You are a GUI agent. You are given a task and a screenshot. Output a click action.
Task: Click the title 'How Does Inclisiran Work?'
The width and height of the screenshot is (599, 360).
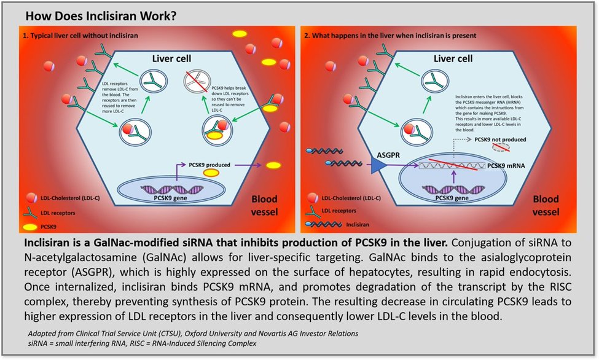[101, 16]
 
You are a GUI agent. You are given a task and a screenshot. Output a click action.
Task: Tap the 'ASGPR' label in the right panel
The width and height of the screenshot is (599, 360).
[388, 155]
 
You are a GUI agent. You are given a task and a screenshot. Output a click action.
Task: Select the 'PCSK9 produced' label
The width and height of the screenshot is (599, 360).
[209, 165]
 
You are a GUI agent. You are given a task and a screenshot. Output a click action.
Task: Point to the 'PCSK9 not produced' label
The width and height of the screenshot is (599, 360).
[500, 139]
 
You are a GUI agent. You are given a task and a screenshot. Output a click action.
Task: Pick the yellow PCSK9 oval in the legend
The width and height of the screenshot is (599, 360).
[31, 227]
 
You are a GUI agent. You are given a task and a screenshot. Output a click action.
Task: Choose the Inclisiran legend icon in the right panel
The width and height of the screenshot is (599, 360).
[323, 224]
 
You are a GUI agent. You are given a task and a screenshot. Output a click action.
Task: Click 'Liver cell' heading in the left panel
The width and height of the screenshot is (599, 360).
[171, 58]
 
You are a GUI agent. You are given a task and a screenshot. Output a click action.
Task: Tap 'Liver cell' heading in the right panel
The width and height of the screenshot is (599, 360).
[453, 58]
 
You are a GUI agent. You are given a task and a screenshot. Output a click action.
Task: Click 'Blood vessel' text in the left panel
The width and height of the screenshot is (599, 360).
[264, 206]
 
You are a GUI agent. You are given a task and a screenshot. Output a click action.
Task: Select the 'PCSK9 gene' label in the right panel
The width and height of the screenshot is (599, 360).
[452, 198]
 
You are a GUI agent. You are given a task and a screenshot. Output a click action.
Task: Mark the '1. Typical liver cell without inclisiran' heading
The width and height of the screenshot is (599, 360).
[80, 36]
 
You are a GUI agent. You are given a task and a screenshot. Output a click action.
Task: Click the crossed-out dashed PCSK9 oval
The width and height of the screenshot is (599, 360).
[501, 147]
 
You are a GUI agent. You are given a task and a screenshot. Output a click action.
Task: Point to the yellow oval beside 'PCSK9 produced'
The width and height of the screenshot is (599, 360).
[211, 173]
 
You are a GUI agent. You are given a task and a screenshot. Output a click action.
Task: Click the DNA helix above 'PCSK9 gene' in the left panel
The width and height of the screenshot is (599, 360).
[172, 189]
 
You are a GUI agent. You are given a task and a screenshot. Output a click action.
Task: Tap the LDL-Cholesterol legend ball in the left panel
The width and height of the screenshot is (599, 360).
[31, 198]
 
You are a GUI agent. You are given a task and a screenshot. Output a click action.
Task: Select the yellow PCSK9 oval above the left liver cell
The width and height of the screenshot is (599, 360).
[240, 34]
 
